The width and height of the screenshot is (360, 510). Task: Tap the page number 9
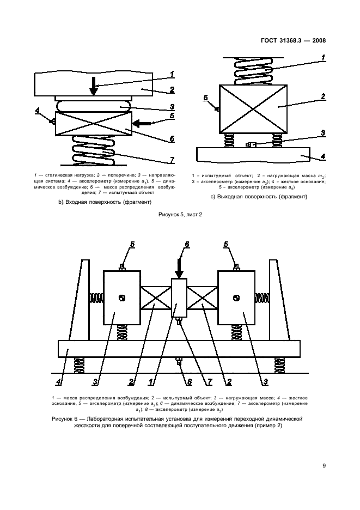click(x=324, y=465)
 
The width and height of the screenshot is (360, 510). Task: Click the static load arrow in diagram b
click(x=94, y=87)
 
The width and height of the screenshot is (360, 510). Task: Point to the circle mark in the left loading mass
click(x=123, y=297)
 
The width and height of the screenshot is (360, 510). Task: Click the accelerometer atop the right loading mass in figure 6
click(x=236, y=266)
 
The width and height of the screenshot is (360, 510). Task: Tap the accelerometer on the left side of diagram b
click(x=53, y=121)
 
